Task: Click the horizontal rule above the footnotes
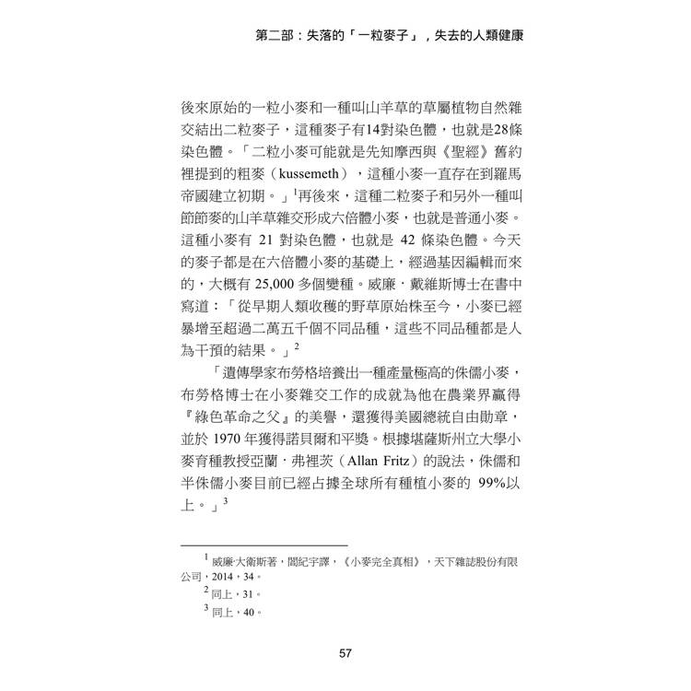coord(263,545)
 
